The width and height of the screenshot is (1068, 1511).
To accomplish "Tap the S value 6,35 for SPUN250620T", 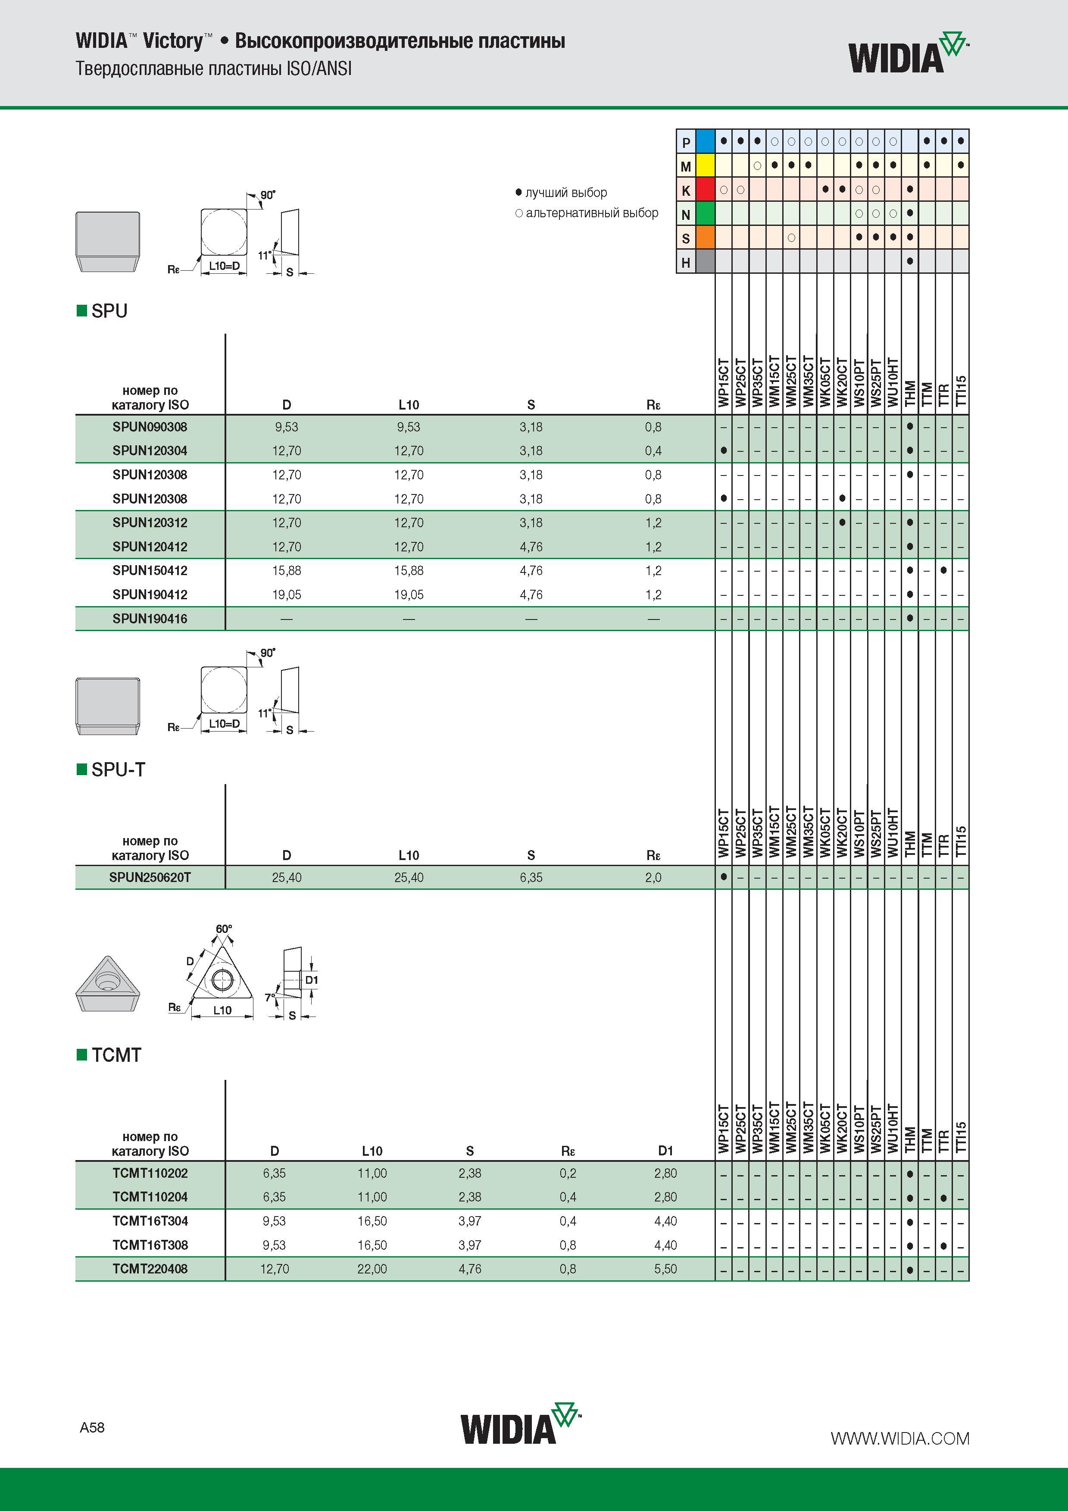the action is (x=531, y=877).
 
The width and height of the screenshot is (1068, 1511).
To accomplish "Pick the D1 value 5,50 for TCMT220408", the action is (x=665, y=1269).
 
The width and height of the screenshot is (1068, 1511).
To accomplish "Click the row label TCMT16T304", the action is (x=150, y=1221).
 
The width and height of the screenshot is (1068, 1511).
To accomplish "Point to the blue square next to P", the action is (x=706, y=141).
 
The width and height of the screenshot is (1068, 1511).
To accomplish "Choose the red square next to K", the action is (x=706, y=190).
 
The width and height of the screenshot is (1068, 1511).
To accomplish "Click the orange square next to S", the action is (x=706, y=238).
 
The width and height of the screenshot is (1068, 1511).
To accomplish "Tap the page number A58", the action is (x=92, y=1427).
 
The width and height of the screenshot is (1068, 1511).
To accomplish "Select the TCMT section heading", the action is (x=116, y=1055).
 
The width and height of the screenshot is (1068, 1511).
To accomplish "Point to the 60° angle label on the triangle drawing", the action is (x=224, y=929).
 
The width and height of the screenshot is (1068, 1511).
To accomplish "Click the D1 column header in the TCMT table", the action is (x=665, y=1150).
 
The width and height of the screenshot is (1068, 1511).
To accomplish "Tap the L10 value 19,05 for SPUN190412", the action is (x=409, y=594).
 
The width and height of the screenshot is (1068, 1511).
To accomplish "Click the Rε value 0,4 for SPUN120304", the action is (x=653, y=451).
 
